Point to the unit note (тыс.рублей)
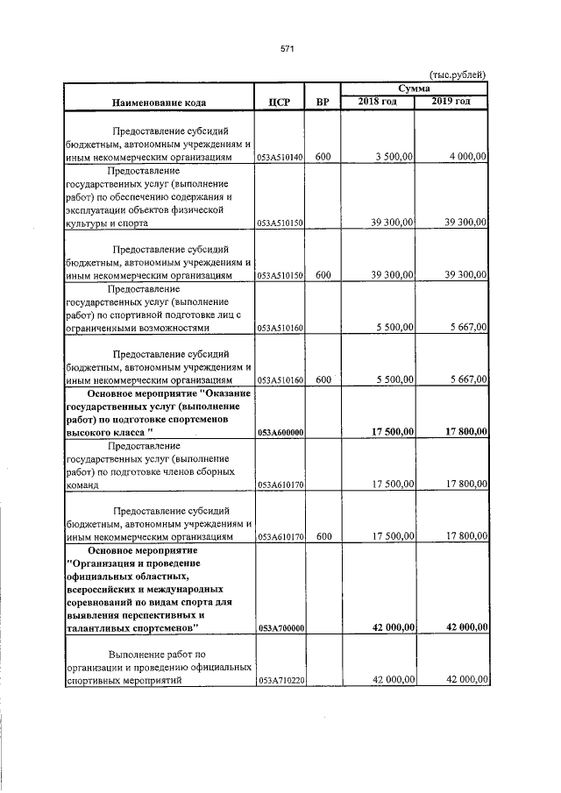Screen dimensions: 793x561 [x=457, y=75]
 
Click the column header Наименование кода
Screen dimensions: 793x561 [x=159, y=103]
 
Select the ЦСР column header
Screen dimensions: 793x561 [x=278, y=103]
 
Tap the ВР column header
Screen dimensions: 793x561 [x=323, y=103]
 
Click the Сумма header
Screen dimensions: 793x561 [x=414, y=89]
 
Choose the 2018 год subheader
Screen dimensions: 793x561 [x=378, y=103]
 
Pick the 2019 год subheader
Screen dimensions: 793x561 [x=451, y=103]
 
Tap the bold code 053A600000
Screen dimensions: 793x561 [x=280, y=433]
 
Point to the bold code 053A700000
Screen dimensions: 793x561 [x=280, y=628]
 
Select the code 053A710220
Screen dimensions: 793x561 [x=280, y=681]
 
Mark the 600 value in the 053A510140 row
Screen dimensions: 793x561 [x=323, y=157]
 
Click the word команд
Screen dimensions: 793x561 [x=82, y=485]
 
